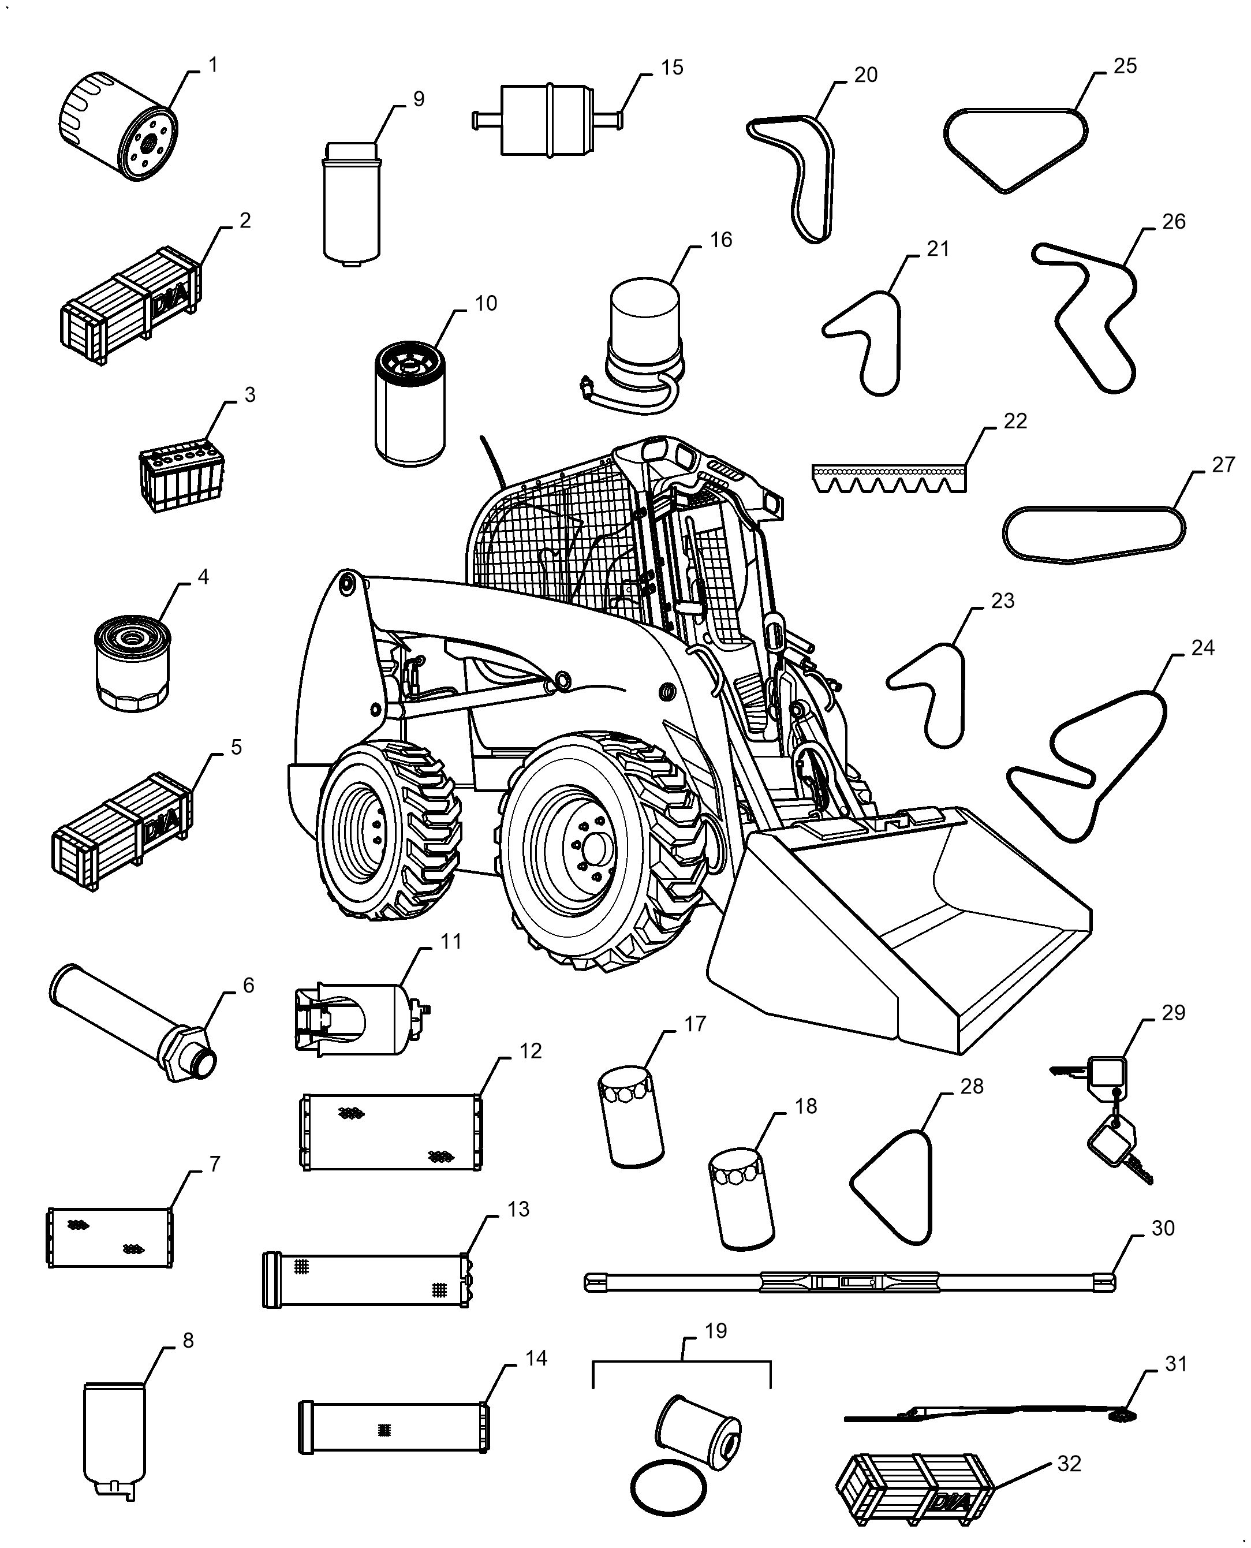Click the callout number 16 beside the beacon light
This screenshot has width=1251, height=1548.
720,240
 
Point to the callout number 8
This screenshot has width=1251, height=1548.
188,1341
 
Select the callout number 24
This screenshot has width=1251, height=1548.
1202,648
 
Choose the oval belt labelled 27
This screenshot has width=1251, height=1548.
1094,534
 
